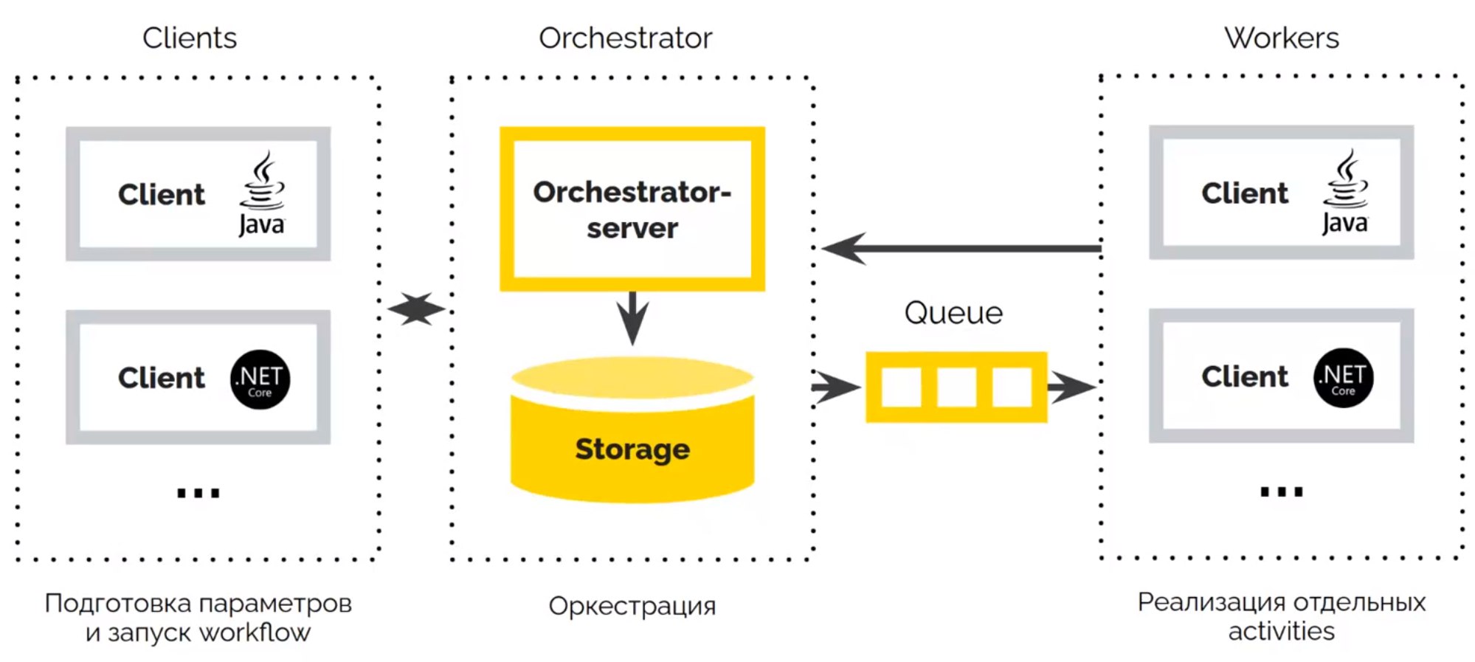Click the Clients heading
click(x=190, y=38)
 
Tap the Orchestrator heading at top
click(x=625, y=38)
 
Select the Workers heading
click(x=1281, y=38)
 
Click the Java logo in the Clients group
click(x=261, y=193)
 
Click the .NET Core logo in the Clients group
click(x=260, y=379)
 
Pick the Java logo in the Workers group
click(x=1344, y=192)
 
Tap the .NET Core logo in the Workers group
click(x=1343, y=378)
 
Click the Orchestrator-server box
click(x=632, y=209)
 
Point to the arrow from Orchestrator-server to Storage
click(x=632, y=317)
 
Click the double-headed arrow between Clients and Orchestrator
click(x=417, y=309)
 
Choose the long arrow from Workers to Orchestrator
click(x=959, y=249)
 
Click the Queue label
click(x=953, y=313)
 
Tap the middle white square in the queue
click(x=956, y=387)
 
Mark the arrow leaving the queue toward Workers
click(x=1071, y=387)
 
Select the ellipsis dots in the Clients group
click(x=198, y=493)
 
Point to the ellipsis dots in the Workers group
click(x=1282, y=492)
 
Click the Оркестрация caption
click(x=632, y=606)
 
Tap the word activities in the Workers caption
click(x=1281, y=632)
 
